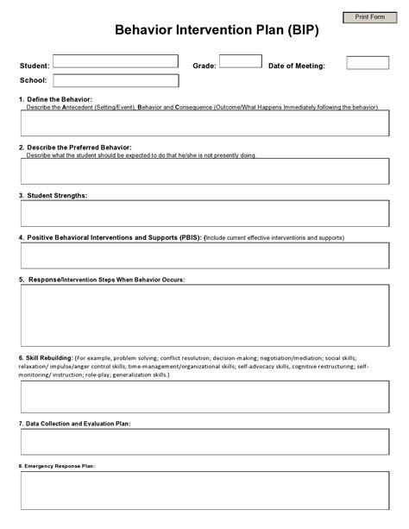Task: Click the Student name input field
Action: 116,62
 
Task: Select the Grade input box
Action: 241,61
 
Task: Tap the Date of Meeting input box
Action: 368,63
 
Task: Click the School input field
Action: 116,80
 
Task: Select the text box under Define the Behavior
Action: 204,123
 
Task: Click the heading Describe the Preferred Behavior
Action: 81,148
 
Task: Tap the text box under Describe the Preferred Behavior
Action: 204,171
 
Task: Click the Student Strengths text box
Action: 204,213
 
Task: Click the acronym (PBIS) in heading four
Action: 188,236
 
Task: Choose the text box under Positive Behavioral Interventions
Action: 204,255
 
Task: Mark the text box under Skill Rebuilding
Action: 204,397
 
